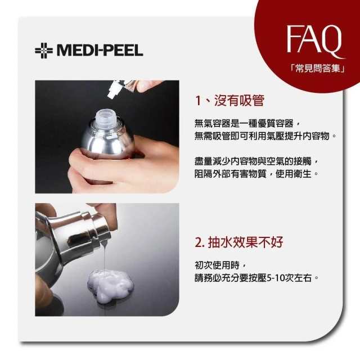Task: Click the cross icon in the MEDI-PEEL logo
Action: click(44, 51)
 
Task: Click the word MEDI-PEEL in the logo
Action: click(100, 51)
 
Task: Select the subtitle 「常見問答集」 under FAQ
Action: click(318, 68)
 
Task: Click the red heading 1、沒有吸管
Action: click(229, 101)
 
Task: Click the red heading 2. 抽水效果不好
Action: click(239, 242)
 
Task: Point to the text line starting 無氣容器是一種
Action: click(247, 124)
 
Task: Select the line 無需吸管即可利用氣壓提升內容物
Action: click(265, 136)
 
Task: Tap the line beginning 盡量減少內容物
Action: click(256, 161)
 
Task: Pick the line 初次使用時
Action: click(220, 265)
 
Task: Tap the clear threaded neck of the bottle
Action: click(107, 117)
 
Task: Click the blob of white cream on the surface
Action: click(111, 286)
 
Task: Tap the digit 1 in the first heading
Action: click(198, 101)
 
